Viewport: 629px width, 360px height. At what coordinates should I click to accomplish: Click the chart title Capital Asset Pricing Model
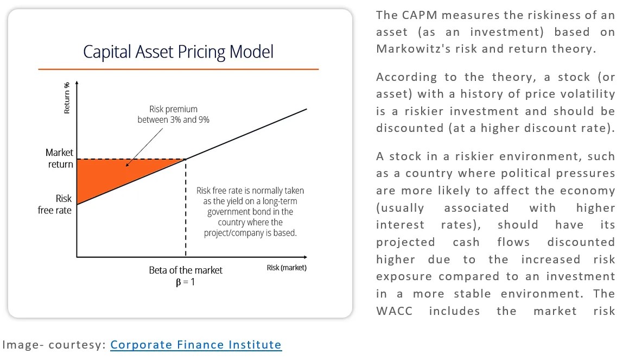pos(178,52)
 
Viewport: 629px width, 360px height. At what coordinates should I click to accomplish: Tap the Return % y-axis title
pos(67,98)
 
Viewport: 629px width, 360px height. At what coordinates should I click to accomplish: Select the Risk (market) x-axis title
pos(287,268)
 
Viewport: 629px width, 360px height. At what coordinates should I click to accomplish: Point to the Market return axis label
pos(59,159)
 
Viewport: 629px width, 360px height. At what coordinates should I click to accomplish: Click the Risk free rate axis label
pos(55,204)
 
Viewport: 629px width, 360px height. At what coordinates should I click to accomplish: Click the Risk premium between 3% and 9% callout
pos(173,115)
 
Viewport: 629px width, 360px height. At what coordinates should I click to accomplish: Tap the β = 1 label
pos(185,282)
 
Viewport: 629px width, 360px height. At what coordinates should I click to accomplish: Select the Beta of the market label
pos(186,270)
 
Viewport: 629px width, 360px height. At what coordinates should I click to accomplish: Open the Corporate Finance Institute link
pos(196,345)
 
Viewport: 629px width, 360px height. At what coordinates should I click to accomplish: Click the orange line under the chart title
pos(178,70)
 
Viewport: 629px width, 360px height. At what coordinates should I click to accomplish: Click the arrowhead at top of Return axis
pos(77,84)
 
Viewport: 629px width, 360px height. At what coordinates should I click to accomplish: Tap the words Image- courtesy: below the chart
pos(54,345)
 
